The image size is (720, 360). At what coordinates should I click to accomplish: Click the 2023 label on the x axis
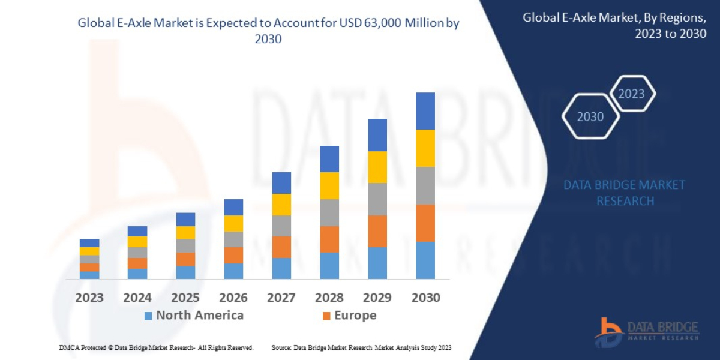click(x=89, y=298)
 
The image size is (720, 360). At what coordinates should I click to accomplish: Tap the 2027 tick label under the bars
click(x=281, y=298)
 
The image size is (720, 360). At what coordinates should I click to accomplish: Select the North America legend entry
click(x=194, y=316)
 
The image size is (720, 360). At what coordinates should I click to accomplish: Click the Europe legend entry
click(x=349, y=316)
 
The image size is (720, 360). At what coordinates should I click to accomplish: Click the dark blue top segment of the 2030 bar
click(x=425, y=111)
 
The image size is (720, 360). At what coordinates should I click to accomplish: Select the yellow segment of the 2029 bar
click(x=377, y=167)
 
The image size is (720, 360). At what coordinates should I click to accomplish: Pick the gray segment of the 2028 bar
click(x=329, y=212)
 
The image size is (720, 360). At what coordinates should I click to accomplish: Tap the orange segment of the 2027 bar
click(x=281, y=247)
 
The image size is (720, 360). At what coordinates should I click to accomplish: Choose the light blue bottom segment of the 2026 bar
click(x=233, y=271)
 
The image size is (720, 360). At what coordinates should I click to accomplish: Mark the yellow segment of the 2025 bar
click(x=185, y=233)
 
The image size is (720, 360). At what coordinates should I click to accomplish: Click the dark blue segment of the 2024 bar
click(x=137, y=231)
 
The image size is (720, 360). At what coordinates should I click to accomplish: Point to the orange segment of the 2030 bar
click(x=425, y=223)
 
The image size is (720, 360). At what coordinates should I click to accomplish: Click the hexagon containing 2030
click(x=590, y=117)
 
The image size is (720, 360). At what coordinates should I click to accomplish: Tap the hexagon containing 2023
click(x=631, y=94)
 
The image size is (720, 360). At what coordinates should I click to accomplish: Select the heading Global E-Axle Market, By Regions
click(x=614, y=25)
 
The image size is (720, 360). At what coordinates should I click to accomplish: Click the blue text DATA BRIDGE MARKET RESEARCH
click(x=624, y=193)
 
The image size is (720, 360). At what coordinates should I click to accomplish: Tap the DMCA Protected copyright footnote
click(x=156, y=347)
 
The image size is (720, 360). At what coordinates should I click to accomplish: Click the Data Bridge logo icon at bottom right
click(x=608, y=332)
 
